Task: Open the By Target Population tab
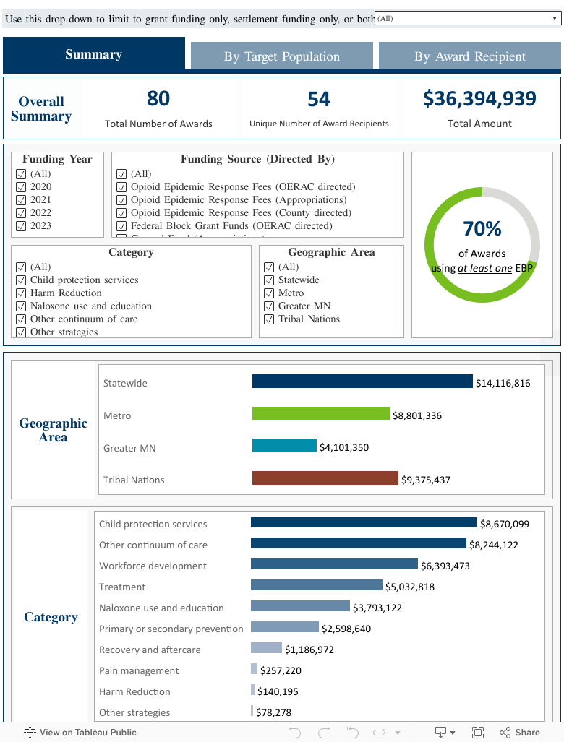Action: tap(281, 56)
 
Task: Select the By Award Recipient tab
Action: tap(470, 56)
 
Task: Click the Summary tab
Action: tap(93, 54)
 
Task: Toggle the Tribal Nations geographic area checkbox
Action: tap(268, 319)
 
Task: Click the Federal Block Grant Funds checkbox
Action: tap(121, 226)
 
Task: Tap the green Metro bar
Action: tap(320, 414)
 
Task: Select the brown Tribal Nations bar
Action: tap(325, 478)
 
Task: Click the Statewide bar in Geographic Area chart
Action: tap(362, 381)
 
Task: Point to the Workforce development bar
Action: tap(334, 564)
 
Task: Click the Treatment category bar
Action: tap(316, 585)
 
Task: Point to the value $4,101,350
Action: tap(344, 448)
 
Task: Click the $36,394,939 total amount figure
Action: tap(479, 99)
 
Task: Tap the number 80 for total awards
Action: tap(158, 98)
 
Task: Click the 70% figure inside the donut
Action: tap(482, 229)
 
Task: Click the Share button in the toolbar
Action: tap(520, 733)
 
